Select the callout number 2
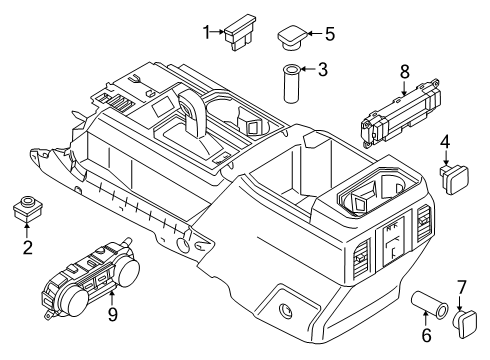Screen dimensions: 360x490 pos(26,247)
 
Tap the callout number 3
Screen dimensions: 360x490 pos(322,71)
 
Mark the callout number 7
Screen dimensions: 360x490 pos(460,287)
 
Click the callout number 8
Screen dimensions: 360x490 pos(404,71)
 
